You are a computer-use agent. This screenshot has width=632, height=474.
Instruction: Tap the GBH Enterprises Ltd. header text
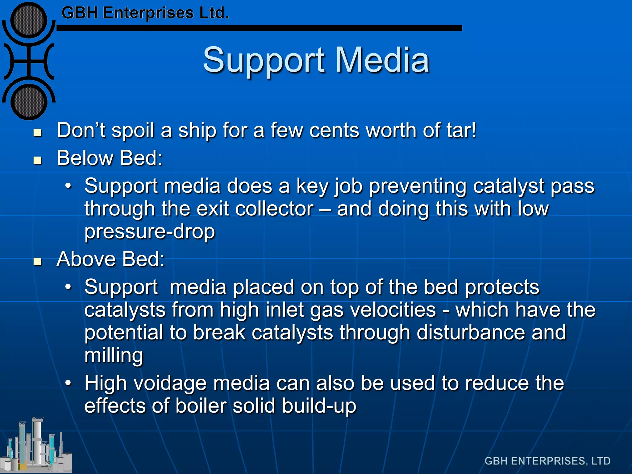145,13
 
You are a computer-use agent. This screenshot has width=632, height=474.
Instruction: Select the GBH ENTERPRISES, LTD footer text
547,461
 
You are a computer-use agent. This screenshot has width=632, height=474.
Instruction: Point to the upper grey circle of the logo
29,20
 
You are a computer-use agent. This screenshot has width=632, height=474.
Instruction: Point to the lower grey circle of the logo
29,102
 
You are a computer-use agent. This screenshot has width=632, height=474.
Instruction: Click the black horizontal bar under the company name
259,28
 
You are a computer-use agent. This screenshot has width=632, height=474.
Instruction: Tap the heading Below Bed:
110,158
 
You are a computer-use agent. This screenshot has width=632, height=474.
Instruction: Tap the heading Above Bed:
111,259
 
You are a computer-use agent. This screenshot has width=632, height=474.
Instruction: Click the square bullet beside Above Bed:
38,262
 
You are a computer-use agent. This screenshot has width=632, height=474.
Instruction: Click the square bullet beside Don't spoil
38,133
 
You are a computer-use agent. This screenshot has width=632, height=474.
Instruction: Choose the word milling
114,356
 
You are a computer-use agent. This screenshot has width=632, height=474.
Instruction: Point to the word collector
274,209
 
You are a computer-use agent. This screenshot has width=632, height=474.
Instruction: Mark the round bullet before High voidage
68,383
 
